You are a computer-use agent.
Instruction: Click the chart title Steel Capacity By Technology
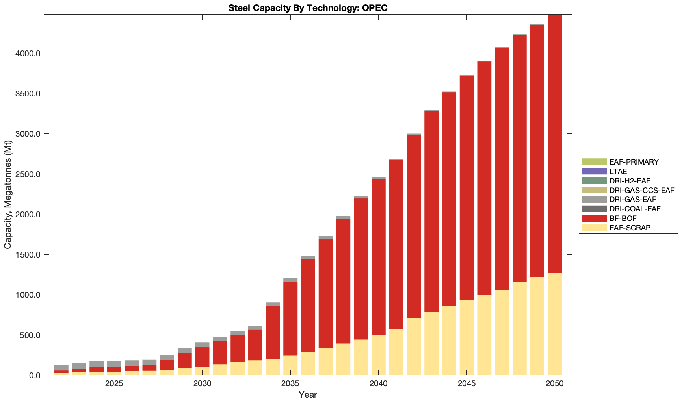click(308, 8)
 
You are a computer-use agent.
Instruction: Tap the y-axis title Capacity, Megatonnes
click(8, 195)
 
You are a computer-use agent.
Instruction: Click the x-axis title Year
click(308, 395)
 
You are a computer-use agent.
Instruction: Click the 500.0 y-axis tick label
click(31, 335)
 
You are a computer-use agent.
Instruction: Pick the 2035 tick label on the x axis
click(290, 384)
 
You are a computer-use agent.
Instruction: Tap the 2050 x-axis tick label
click(554, 384)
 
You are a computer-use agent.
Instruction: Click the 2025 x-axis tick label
click(114, 384)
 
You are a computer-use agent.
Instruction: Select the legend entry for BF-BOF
click(623, 219)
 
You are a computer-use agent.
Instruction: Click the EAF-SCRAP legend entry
click(630, 228)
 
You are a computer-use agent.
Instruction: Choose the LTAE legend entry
click(618, 172)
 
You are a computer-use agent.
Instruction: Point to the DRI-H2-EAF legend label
click(630, 181)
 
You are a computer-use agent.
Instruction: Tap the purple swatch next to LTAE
click(594, 171)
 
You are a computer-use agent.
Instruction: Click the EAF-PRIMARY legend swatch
click(594, 162)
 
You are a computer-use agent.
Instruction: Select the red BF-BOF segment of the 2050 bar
click(554, 144)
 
